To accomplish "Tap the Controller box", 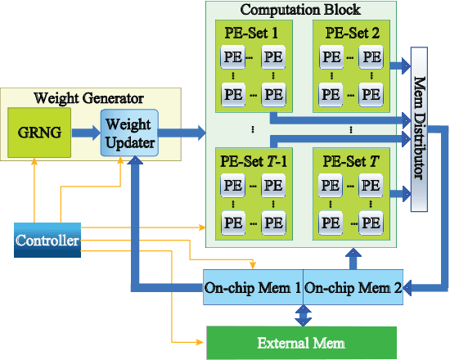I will coord(47,241).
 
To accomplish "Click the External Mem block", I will coord(300,341).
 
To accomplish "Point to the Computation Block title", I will coord(301,10).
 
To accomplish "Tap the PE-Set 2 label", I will coord(351,33).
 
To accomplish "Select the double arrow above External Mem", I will coord(303,315).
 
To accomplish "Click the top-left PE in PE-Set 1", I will coord(233,57).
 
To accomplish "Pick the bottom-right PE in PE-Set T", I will coord(371,221).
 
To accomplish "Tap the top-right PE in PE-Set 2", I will coord(371,57).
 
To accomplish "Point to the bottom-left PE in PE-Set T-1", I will coord(233,221).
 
